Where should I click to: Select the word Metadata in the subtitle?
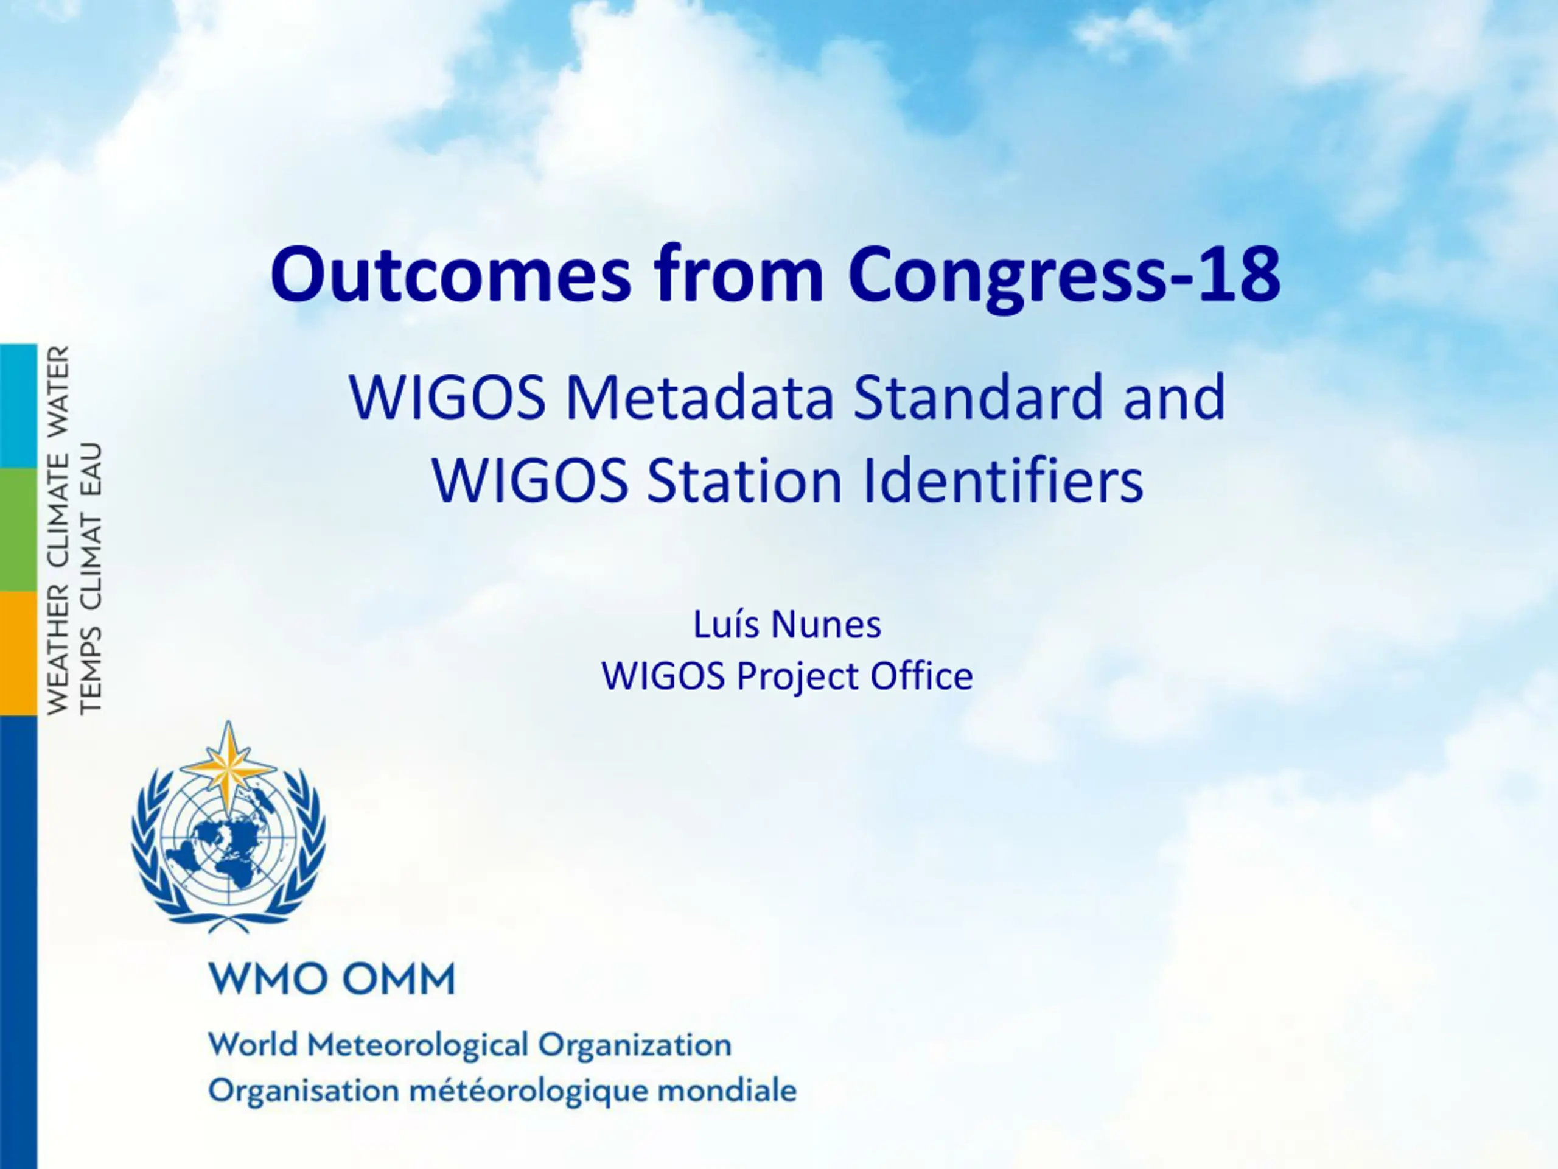click(699, 398)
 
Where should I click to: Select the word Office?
click(922, 676)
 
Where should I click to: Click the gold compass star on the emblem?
click(228, 767)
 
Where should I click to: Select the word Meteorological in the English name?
click(418, 1045)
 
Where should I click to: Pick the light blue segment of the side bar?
click(18, 406)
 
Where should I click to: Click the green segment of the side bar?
click(18, 530)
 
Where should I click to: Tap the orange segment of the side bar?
click(18, 653)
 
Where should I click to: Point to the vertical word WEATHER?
click(58, 650)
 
